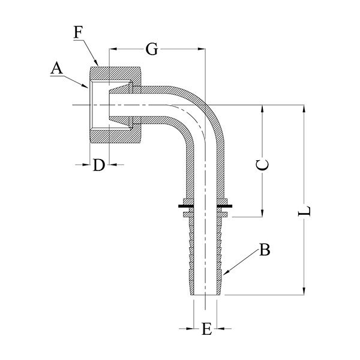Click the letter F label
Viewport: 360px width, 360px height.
(x=78, y=32)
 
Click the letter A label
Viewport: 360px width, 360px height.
(x=57, y=68)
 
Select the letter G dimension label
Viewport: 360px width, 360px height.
(x=152, y=49)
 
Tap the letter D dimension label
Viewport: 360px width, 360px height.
(x=99, y=165)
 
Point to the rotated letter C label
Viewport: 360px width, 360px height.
(x=262, y=164)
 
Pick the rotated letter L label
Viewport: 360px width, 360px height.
(x=304, y=211)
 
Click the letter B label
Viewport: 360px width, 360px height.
(x=265, y=250)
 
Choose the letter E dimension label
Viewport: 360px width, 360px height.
(x=206, y=329)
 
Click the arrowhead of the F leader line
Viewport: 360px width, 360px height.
(x=97, y=63)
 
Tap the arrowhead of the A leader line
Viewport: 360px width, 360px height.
(x=85, y=86)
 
